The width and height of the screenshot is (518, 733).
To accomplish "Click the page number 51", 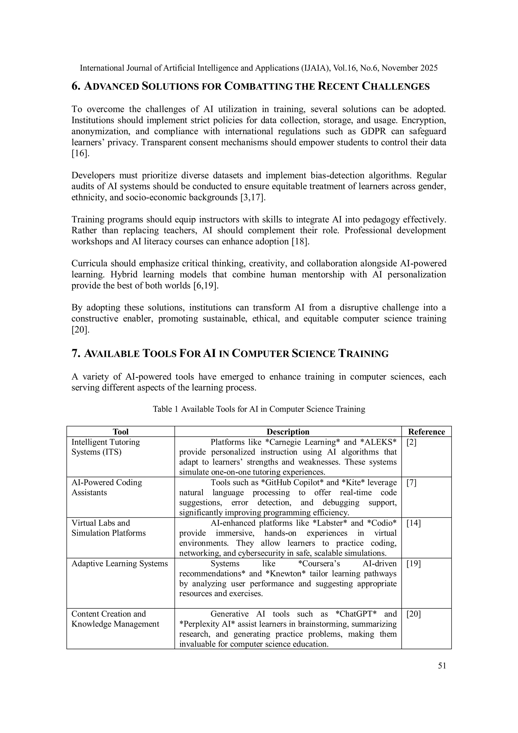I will pyautogui.click(x=442, y=665).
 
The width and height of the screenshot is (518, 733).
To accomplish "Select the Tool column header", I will pyautogui.click(x=120, y=432).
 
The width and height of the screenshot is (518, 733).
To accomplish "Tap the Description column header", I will pyautogui.click(x=288, y=432).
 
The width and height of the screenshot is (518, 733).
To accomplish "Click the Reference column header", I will pyautogui.click(x=426, y=432).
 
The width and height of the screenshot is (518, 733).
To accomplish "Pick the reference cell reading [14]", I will pyautogui.click(x=414, y=523).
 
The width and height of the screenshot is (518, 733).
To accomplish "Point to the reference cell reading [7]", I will pyautogui.click(x=412, y=483).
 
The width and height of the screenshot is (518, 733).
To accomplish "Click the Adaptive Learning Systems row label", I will pyautogui.click(x=119, y=563).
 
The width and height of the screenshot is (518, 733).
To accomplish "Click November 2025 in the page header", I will pyautogui.click(x=409, y=68).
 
